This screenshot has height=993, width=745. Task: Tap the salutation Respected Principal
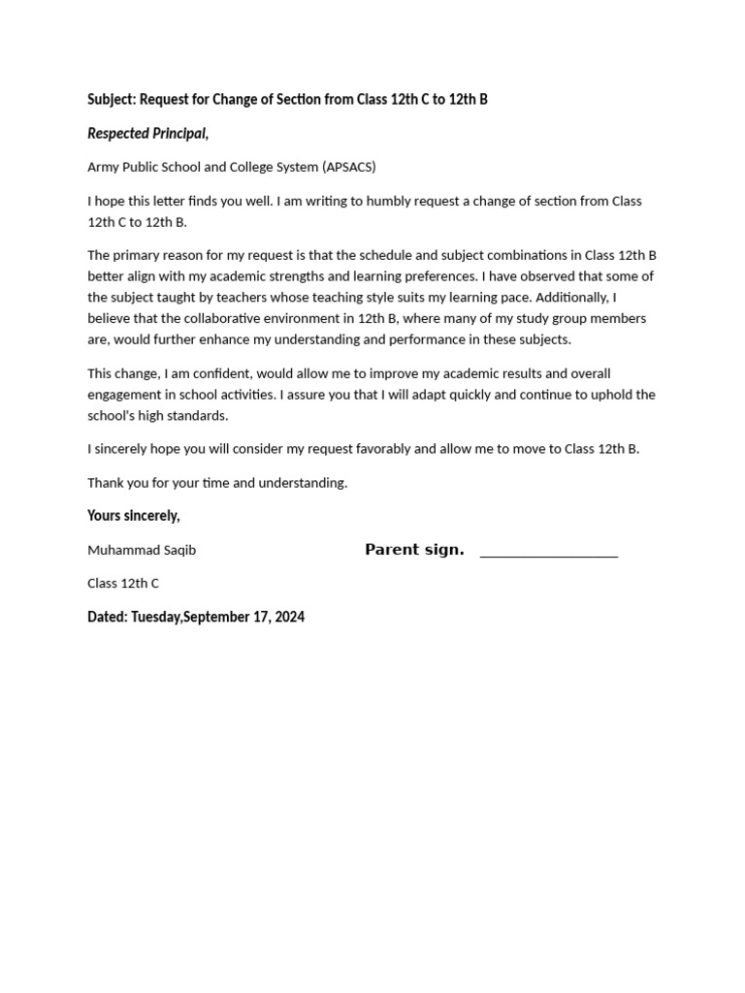coord(147,133)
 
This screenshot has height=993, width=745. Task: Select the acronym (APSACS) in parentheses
coord(349,167)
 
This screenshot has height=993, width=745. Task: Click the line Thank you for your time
coord(217,482)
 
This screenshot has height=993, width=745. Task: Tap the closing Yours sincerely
coord(134,515)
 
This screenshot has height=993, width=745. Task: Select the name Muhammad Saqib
coord(142,550)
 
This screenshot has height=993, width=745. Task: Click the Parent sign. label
coord(414,550)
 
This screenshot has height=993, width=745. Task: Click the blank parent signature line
coord(549,556)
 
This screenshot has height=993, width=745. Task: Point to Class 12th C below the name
coord(123,583)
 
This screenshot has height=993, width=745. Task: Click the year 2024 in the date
coord(289,617)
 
